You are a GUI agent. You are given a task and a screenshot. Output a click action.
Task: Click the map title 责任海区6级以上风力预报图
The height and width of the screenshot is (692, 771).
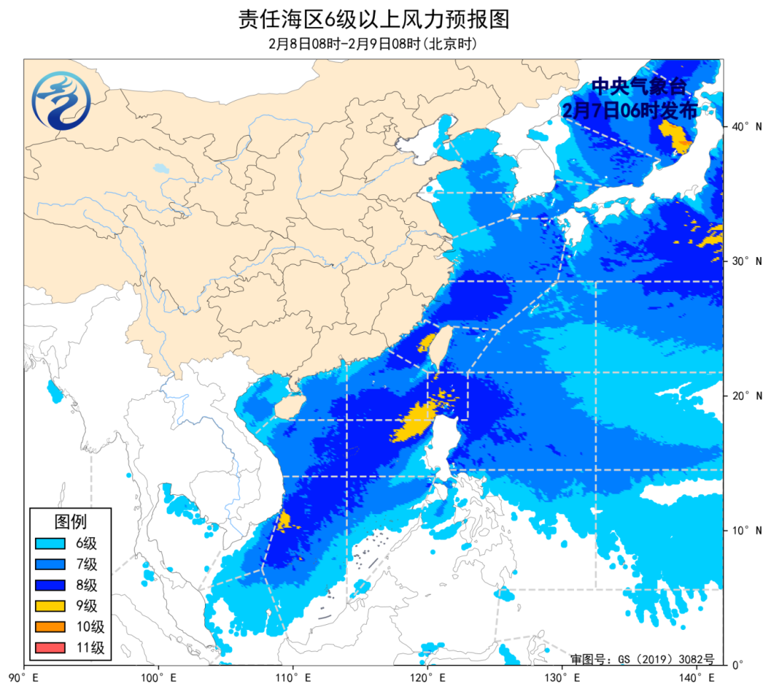[x=374, y=19]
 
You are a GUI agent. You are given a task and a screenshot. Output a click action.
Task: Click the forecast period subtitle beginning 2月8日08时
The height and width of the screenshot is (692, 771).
[x=373, y=44]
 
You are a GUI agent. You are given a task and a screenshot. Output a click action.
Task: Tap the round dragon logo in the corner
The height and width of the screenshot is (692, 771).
[x=61, y=101]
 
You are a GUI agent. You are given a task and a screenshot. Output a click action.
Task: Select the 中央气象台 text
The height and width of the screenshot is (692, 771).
[x=638, y=88]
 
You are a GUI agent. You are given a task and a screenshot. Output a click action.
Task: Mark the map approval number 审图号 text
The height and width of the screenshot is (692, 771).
[x=642, y=658]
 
